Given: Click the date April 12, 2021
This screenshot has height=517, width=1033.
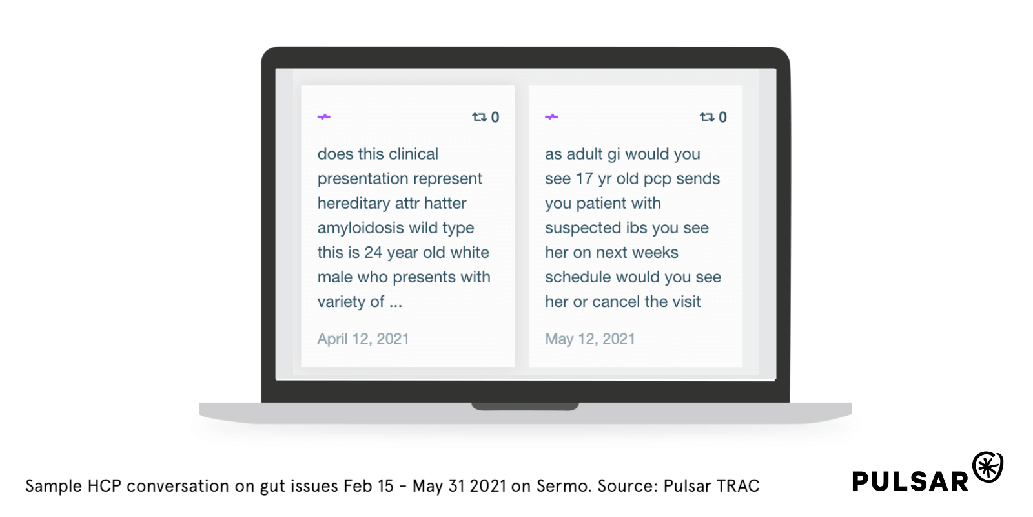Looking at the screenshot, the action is pos(363,339).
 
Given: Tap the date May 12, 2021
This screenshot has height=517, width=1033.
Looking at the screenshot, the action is pos(590,339).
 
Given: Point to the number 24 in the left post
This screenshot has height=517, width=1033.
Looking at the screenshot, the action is pos(373,253).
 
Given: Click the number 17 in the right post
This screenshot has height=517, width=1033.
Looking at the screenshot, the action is pos(584,178).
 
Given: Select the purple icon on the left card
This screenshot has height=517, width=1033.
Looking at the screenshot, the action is pos(323,117).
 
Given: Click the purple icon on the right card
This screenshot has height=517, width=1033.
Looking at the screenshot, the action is pos(551,117).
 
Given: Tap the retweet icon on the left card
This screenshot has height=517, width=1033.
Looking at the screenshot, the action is pos(479,117).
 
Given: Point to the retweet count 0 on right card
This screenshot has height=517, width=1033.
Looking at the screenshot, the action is pos(722,117).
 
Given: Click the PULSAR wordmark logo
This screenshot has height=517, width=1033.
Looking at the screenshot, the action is pos(910,481).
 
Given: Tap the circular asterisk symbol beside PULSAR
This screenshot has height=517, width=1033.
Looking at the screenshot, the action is pos(988,467).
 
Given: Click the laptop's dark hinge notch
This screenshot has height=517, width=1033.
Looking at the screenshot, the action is pos(525,406).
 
